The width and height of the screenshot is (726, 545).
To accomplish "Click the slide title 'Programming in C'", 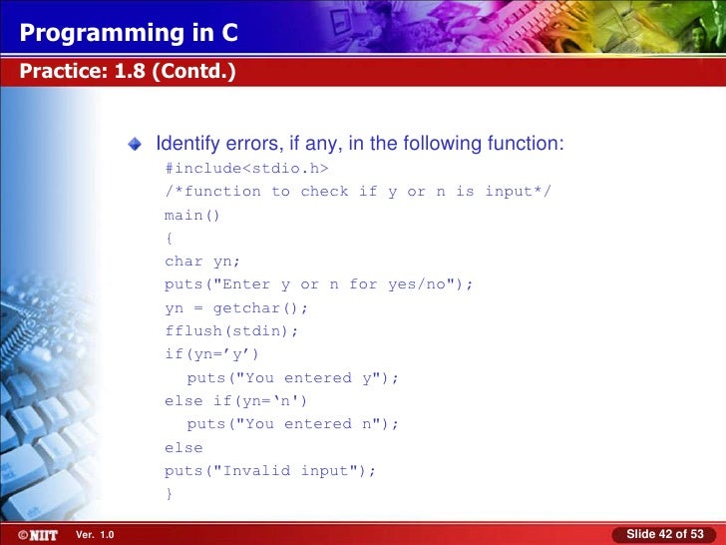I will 129,34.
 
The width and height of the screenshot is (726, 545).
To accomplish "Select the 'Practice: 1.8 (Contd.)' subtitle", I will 126,72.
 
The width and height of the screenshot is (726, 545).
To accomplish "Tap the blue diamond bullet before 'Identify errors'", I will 136,146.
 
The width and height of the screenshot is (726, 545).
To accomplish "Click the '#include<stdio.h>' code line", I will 246,168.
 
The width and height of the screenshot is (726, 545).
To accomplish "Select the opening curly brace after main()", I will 169,238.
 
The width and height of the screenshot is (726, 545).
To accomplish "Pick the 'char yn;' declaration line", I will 202,262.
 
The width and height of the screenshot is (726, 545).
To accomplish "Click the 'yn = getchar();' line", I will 236,307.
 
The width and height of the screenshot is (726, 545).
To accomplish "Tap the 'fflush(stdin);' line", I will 231,331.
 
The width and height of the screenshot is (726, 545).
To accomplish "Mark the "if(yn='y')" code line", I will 211,354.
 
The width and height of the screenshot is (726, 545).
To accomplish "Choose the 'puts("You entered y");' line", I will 293,378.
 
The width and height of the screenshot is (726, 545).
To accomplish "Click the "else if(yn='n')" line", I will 236,401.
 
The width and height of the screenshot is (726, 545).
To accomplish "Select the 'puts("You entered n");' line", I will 293,424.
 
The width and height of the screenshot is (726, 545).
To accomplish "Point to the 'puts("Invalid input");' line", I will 271,471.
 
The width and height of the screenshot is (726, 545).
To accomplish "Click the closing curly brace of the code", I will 169,494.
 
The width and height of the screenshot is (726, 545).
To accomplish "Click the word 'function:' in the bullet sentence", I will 526,145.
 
